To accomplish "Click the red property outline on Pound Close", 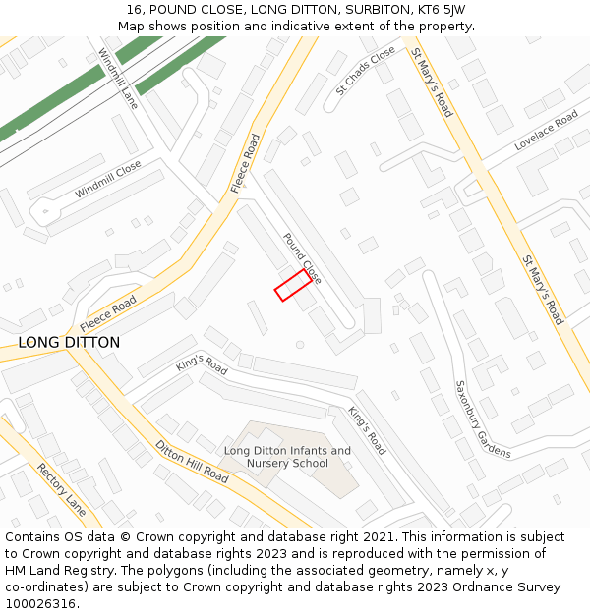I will point(293,285).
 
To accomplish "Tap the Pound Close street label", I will point(302,258).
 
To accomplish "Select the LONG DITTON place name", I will point(69,343).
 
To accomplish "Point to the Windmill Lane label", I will point(117,78).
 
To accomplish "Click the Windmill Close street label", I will point(107,179).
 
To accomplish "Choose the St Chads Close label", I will point(366,70).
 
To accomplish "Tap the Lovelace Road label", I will point(546,132).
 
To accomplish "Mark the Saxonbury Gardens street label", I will point(482,419).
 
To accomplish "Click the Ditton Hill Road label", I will point(192,462).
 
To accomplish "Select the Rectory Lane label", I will point(61,489).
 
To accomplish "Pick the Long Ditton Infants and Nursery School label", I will point(287,457).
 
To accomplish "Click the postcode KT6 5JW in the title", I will point(442,10).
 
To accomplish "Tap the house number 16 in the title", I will point(134,10).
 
